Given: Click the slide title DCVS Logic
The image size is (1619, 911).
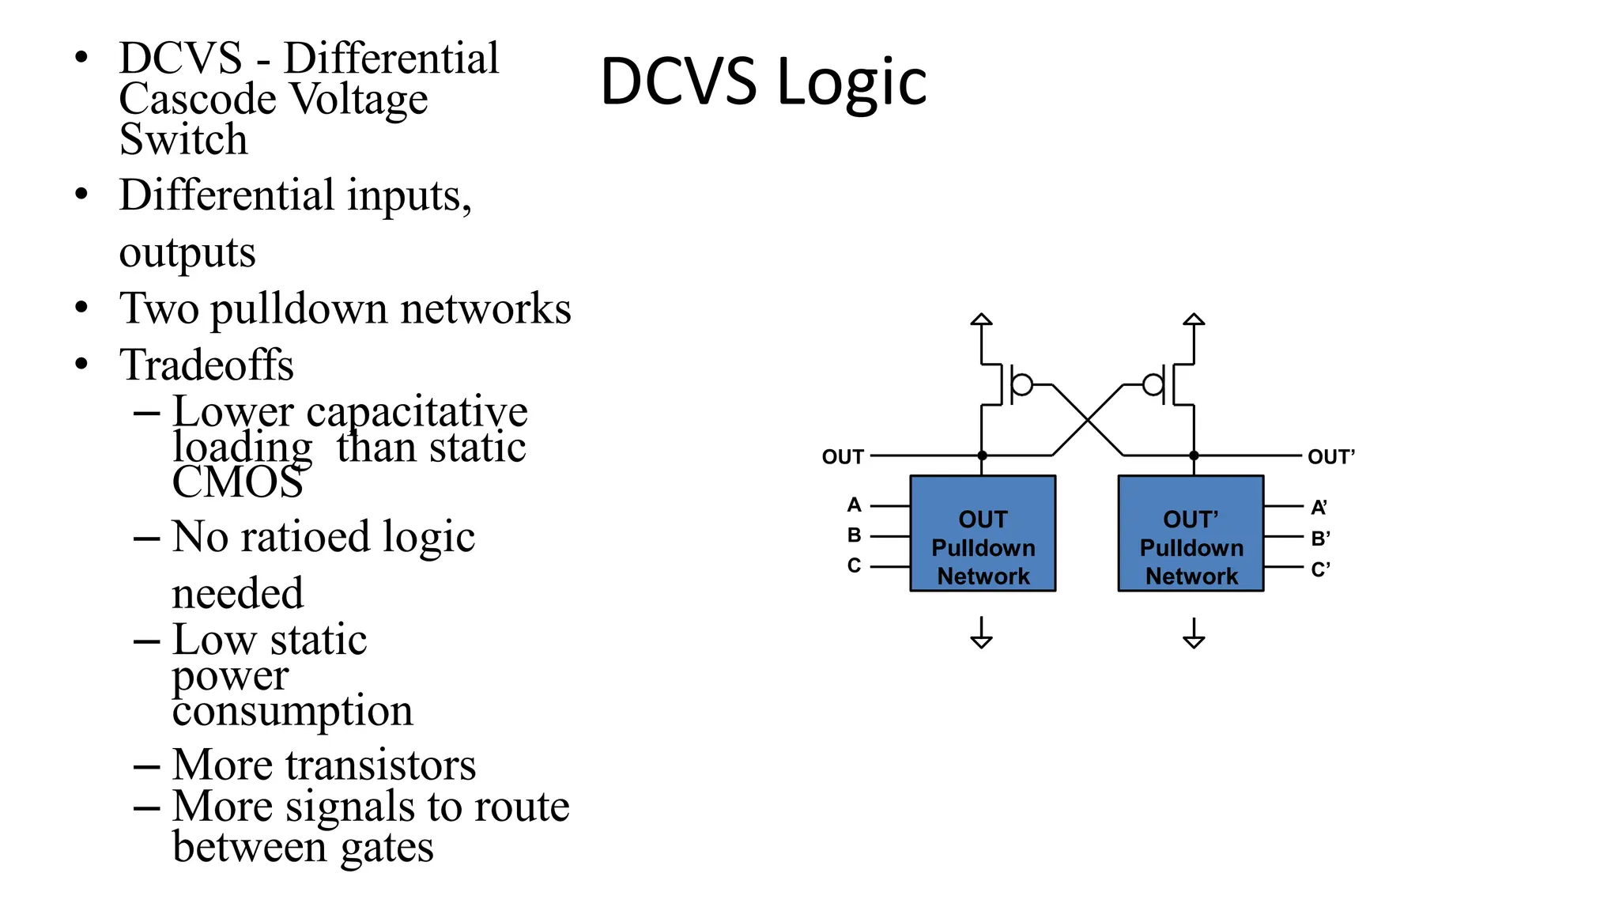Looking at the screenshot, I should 763,81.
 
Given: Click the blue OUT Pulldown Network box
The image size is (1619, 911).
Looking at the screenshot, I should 983,533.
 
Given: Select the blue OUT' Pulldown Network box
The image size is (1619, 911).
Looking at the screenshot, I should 1191,533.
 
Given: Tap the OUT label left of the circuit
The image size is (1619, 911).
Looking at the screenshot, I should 842,457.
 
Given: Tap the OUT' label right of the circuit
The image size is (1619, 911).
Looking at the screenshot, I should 1330,457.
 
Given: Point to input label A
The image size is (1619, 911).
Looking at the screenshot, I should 854,505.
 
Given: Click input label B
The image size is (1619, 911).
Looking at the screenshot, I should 854,535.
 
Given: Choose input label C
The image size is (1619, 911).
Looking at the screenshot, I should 854,565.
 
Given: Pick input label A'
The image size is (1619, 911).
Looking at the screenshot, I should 1319,507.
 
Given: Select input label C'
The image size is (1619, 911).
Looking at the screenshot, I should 1320,569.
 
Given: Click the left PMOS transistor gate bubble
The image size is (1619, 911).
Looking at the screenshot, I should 1022,385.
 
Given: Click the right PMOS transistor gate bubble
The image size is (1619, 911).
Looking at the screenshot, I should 1153,385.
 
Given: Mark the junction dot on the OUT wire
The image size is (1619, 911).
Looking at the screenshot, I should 982,455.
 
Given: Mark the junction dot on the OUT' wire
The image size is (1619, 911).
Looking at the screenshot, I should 1194,455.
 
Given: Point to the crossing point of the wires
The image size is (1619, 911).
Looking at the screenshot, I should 1088,421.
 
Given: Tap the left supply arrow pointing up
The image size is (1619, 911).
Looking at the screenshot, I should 981,320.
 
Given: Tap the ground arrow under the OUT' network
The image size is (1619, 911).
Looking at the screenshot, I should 1194,639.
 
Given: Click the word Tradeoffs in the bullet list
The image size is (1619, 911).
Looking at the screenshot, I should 206,365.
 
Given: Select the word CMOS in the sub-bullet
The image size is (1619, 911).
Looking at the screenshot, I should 237,482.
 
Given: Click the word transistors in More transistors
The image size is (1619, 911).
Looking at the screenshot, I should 380,765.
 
